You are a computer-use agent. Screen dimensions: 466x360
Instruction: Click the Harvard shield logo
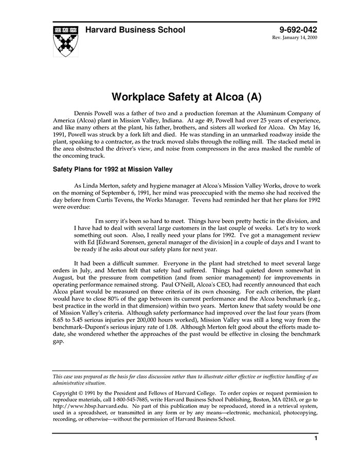65,41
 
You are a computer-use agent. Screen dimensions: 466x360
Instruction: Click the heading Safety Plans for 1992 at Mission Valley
113,169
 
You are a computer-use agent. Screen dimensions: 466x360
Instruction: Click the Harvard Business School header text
135,30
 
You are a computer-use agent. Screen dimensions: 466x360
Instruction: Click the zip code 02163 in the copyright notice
290,399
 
